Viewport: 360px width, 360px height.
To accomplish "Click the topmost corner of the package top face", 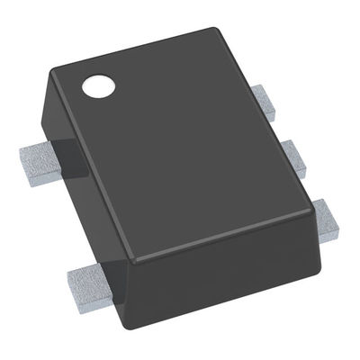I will point(216,29).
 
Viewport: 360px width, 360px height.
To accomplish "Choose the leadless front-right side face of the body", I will point(225,270).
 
